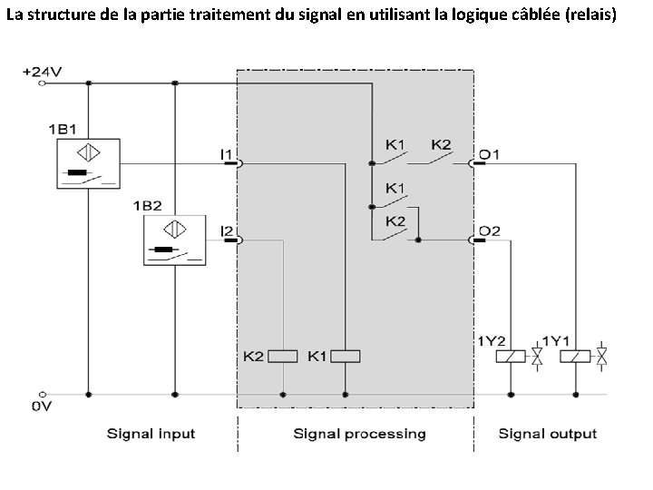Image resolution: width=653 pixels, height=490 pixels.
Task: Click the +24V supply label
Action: pyautogui.click(x=43, y=70)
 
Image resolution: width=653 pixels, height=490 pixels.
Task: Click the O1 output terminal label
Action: pyautogui.click(x=489, y=153)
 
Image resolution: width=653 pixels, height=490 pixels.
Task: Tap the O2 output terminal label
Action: pyautogui.click(x=489, y=230)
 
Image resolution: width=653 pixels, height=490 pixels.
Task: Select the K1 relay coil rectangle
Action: pyautogui.click(x=346, y=356)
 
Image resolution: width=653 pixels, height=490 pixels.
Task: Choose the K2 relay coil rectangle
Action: pyautogui.click(x=283, y=356)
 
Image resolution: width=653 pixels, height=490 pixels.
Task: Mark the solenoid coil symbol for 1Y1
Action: pyautogui.click(x=577, y=356)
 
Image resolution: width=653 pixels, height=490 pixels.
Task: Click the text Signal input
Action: pyautogui.click(x=151, y=433)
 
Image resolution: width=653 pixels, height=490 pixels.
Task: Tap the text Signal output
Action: pyautogui.click(x=548, y=433)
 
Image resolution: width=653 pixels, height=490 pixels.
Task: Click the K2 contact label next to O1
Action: pyautogui.click(x=441, y=144)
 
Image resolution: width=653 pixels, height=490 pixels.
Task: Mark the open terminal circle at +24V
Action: pyautogui.click(x=42, y=83)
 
